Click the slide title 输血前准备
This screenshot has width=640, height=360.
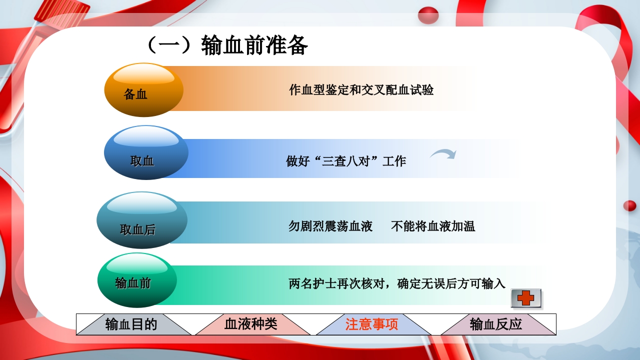tap(254, 46)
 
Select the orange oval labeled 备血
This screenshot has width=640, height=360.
tap(143, 90)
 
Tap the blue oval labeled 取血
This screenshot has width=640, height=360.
tap(145, 153)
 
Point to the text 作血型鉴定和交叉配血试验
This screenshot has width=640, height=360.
tap(361, 90)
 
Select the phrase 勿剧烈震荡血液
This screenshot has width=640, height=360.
tap(330, 226)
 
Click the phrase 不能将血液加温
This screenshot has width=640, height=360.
tap(433, 226)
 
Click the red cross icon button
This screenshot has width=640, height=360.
tap(526, 298)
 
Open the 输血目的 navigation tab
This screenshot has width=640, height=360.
tap(131, 324)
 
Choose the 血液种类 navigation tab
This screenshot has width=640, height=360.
tap(250, 324)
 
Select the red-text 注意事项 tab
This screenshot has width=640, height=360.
tap(371, 324)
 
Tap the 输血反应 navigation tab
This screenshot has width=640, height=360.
tap(496, 324)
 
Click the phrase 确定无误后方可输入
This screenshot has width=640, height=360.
tap(451, 284)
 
